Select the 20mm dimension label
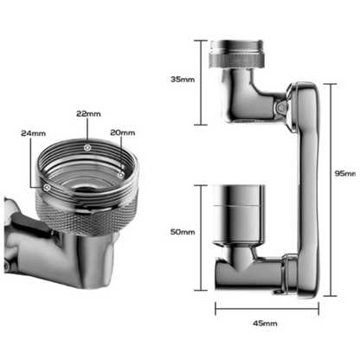pyautogui.click(x=124, y=132)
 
